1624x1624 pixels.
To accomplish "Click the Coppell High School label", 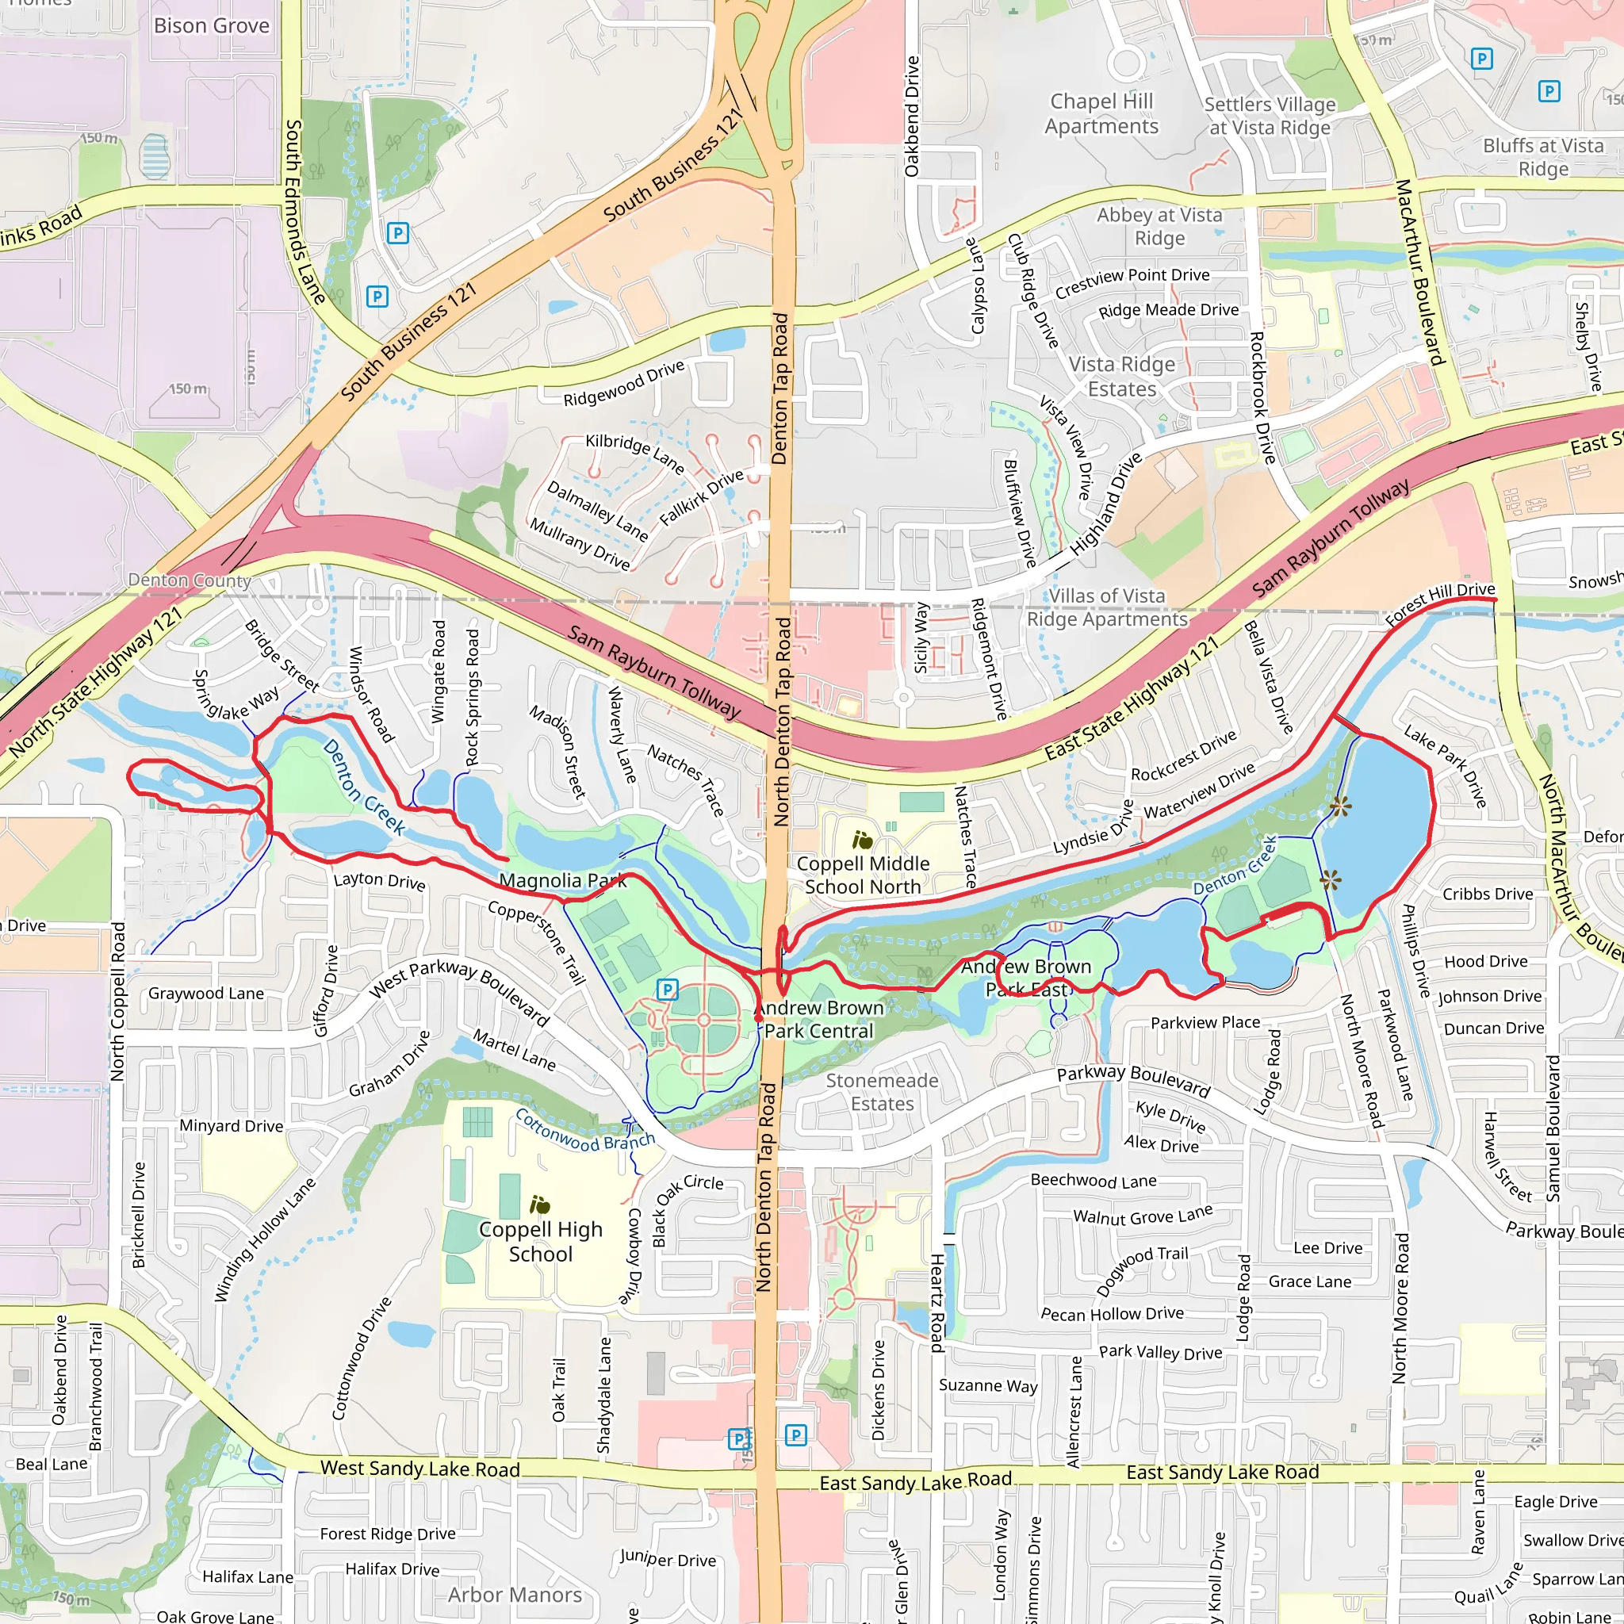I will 541,1242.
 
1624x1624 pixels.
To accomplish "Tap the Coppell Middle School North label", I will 863,875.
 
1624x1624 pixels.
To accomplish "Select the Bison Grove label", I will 212,25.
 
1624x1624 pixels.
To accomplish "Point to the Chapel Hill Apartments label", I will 1101,113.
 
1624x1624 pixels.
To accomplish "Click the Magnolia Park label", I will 562,880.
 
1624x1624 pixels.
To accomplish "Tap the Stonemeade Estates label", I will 882,1092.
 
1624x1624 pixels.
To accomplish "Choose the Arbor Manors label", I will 515,1595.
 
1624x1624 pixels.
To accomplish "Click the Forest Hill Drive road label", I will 1440,604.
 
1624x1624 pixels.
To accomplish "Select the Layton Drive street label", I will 379,880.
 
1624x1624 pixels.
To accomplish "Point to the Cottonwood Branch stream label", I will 584,1132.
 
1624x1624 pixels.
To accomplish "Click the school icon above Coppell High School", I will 540,1205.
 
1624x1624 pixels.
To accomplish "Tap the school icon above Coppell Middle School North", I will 863,840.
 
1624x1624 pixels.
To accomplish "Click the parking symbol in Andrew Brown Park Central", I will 667,990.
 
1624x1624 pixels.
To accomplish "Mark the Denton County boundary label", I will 190,580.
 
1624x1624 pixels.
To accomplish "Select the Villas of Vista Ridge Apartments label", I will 1107,607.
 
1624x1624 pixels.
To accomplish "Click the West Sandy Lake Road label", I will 420,1469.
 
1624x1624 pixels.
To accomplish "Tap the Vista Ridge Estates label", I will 1122,377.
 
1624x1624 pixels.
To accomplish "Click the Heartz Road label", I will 936,1302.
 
